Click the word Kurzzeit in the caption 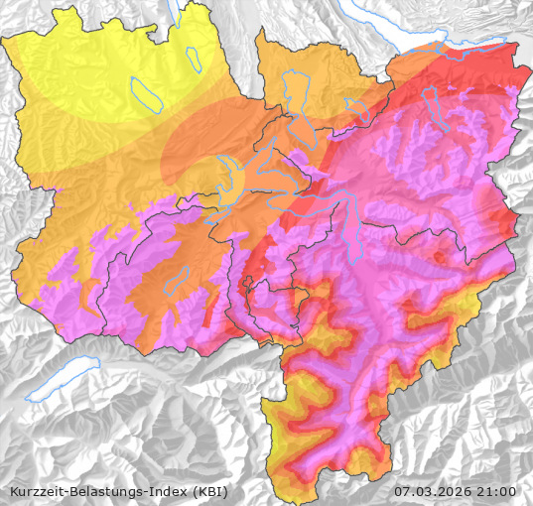pyautogui.click(x=37, y=491)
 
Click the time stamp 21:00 pyautogui.click(x=497, y=491)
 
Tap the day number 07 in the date pyautogui.click(x=402, y=491)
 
